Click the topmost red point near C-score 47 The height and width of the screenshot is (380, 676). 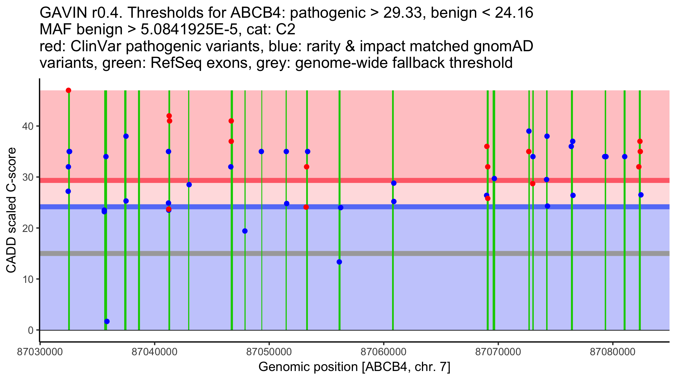click(x=68, y=90)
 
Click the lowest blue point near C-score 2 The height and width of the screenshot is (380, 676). click(x=107, y=321)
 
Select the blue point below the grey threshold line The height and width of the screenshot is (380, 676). click(x=339, y=262)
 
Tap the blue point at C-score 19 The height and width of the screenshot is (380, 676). click(x=245, y=231)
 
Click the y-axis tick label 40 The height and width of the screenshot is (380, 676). click(x=28, y=126)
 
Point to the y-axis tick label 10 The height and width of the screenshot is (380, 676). click(x=28, y=279)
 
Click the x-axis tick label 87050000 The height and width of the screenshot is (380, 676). click(x=269, y=352)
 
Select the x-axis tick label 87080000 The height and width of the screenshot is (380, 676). click(x=613, y=352)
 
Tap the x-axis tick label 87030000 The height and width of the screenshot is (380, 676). click(x=40, y=352)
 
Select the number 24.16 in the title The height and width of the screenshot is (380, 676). click(x=514, y=13)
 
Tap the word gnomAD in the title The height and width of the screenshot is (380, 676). click(x=503, y=46)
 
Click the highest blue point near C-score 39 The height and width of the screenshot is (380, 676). click(x=529, y=131)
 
